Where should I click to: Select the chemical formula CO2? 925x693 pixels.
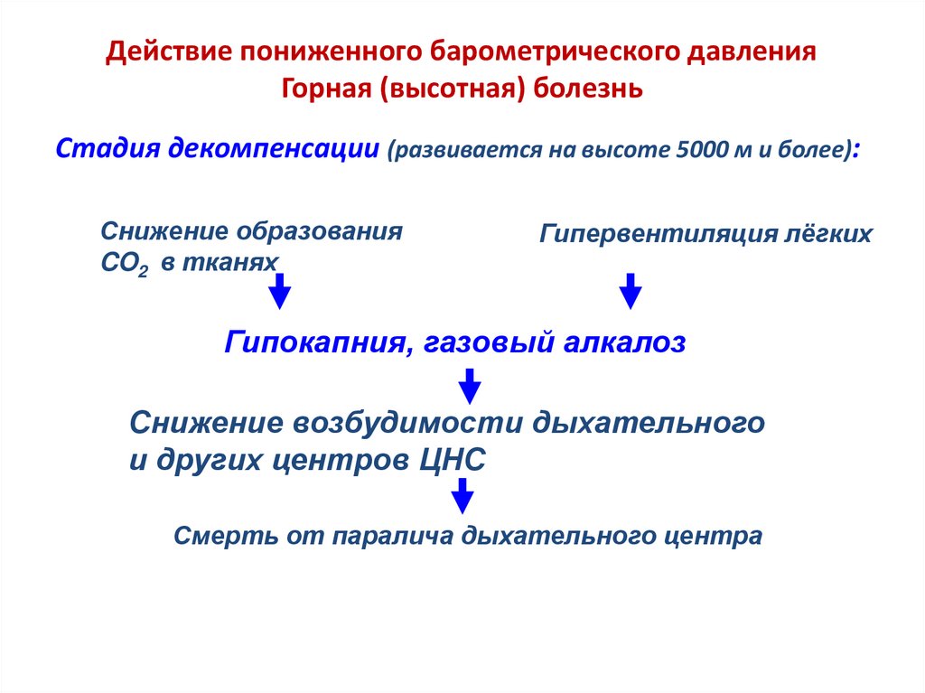pyautogui.click(x=123, y=263)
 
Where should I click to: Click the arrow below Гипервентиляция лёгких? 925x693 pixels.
pyautogui.click(x=630, y=291)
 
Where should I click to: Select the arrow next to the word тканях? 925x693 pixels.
pyautogui.click(x=280, y=291)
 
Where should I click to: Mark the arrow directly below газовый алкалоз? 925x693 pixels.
pyautogui.click(x=468, y=385)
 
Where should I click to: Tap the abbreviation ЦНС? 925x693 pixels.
pyautogui.click(x=453, y=459)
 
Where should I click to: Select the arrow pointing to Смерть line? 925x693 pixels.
pyautogui.click(x=462, y=497)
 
